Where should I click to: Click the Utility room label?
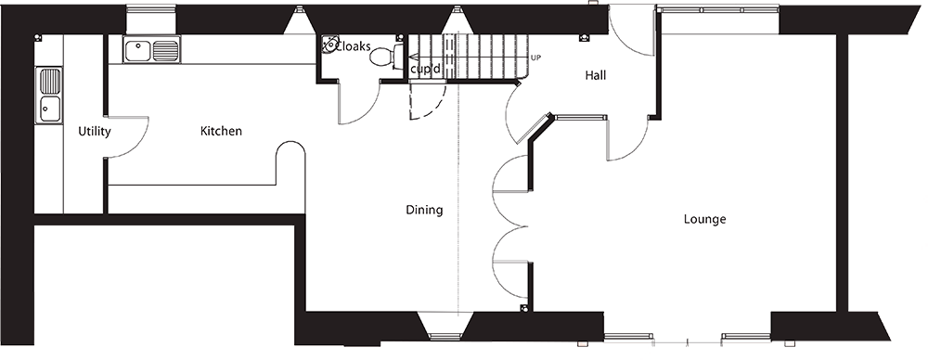[x=95, y=132]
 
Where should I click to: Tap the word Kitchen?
[x=221, y=132]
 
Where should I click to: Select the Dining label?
[x=424, y=210]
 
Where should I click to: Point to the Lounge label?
[x=704, y=220]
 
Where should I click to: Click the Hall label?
[x=596, y=75]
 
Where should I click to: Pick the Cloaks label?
[x=353, y=44]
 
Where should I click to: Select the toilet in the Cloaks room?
[x=383, y=57]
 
